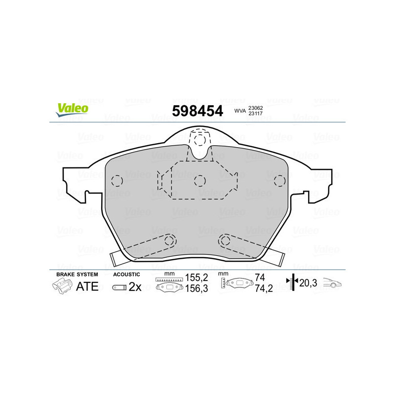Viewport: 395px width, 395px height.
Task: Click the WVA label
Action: click(x=240, y=112)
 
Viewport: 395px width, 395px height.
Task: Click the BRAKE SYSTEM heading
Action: click(x=77, y=274)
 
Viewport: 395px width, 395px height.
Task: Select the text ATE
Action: click(x=87, y=286)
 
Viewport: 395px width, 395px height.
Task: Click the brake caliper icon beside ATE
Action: click(x=62, y=286)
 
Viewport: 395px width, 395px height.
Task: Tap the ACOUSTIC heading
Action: click(x=127, y=274)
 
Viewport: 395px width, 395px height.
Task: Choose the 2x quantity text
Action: click(x=135, y=287)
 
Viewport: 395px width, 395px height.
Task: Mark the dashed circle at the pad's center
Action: click(x=199, y=181)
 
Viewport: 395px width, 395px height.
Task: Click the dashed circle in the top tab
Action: click(x=198, y=140)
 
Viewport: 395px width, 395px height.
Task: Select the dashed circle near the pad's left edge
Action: click(x=117, y=181)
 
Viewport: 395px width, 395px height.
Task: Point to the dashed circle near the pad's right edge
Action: click(x=279, y=180)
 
